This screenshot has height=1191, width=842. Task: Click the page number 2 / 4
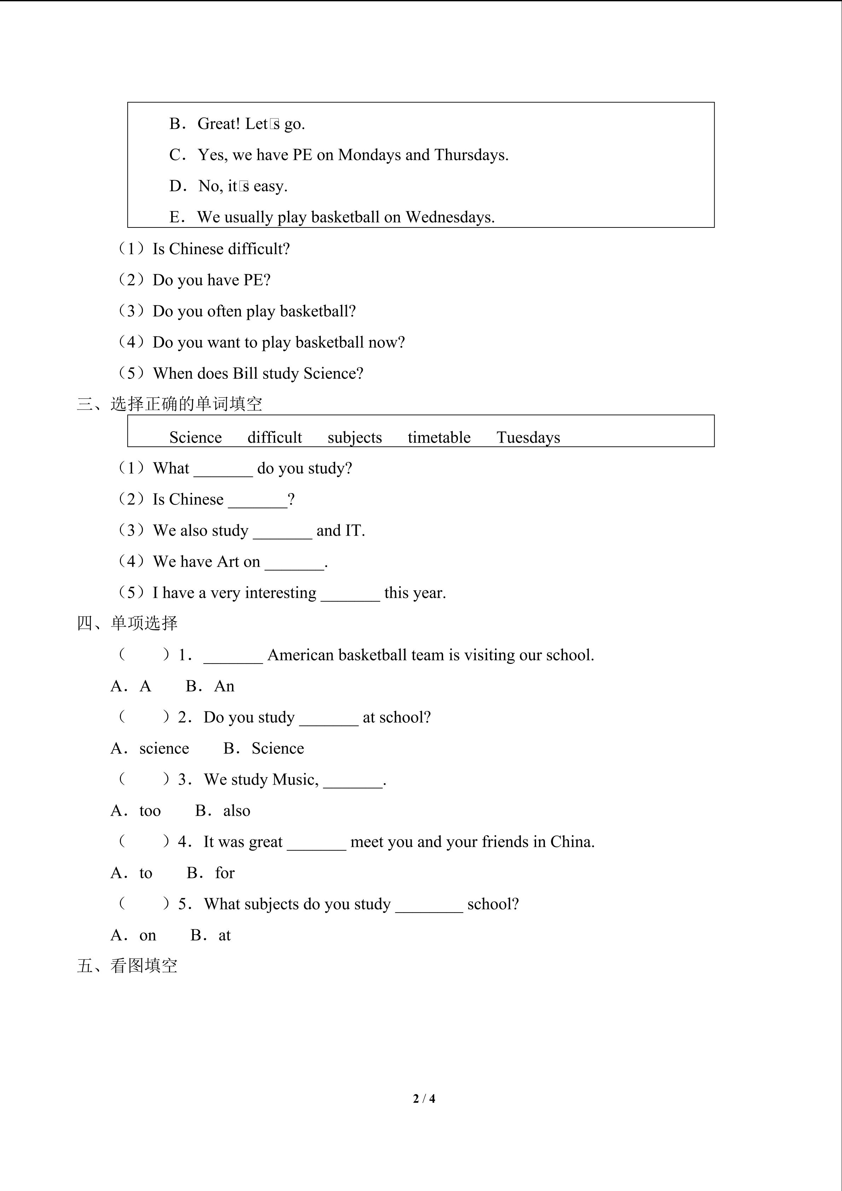(424, 1098)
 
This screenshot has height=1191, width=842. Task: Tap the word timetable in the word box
(439, 437)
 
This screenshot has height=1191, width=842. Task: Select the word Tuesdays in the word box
(528, 437)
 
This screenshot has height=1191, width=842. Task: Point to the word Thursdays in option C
(470, 155)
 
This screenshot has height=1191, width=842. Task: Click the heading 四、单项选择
(127, 623)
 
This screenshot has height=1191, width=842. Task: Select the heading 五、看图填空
(127, 965)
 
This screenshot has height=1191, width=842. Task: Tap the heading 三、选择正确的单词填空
(169, 404)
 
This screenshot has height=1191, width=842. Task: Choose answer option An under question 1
(224, 686)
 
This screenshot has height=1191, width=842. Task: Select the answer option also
(237, 811)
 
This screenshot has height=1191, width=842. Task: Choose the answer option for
(225, 873)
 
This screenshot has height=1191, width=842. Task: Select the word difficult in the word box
(274, 437)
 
